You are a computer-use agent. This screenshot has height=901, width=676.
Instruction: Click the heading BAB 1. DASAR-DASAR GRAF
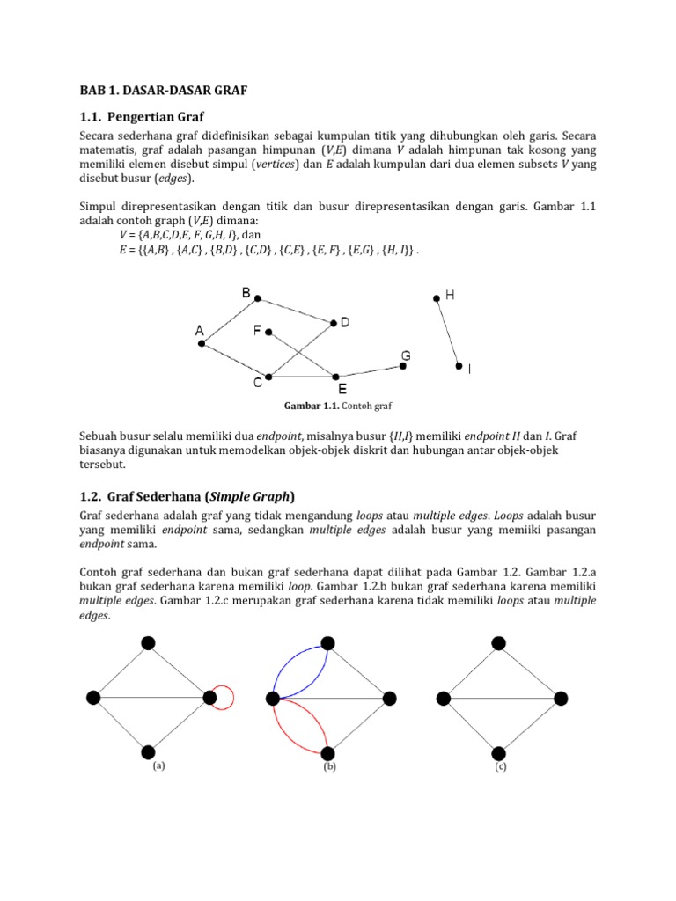click(x=159, y=90)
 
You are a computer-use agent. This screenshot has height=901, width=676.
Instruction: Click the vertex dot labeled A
click(x=202, y=344)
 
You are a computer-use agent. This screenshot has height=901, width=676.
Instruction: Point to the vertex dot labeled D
click(x=334, y=324)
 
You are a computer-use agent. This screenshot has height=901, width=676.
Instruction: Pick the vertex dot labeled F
click(x=268, y=332)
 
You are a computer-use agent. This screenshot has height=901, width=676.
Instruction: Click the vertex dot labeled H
click(x=436, y=299)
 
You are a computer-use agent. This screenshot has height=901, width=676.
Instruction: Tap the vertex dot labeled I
click(x=458, y=366)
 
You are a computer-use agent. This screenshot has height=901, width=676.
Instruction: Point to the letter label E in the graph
click(x=342, y=388)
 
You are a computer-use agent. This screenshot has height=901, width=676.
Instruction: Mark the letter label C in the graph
click(x=258, y=383)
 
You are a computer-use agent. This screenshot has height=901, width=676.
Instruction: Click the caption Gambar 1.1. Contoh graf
click(x=337, y=407)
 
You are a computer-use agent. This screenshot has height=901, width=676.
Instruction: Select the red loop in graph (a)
click(x=227, y=698)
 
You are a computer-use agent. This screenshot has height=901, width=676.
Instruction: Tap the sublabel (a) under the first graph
click(x=158, y=765)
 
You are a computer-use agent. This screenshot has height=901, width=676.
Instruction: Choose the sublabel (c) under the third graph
click(x=500, y=766)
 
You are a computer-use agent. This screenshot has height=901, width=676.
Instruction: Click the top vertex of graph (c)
click(x=499, y=643)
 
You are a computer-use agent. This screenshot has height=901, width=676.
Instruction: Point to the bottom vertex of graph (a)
click(x=148, y=752)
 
